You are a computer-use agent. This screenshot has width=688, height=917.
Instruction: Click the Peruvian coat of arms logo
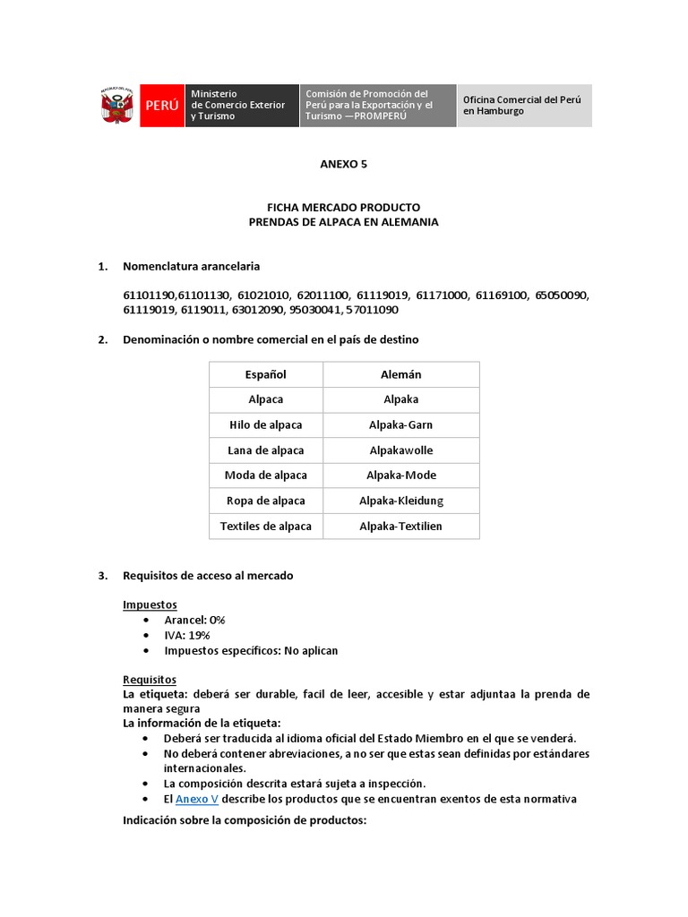tap(116, 106)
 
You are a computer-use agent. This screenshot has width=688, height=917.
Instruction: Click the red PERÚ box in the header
tap(161, 106)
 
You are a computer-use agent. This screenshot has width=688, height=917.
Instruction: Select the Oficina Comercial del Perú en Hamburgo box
tap(524, 106)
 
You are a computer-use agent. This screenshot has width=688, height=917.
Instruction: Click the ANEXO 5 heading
tap(344, 164)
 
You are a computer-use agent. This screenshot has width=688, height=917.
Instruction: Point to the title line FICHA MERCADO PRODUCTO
tap(344, 207)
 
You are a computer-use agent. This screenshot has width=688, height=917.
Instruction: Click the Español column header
tap(266, 374)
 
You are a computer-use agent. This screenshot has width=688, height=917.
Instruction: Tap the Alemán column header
tap(400, 374)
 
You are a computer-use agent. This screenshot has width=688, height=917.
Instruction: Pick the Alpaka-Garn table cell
tap(400, 424)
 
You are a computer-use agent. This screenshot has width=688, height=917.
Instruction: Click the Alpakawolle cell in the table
tap(400, 450)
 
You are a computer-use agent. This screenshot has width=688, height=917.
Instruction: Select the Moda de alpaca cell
tap(266, 475)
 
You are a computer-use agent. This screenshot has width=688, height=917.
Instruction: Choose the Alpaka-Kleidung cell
tap(400, 501)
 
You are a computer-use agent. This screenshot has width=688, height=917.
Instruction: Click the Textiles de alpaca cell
tap(266, 526)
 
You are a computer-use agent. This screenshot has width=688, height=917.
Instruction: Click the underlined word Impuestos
tap(150, 604)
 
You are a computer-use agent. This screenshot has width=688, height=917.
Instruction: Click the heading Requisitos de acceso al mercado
tap(208, 576)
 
